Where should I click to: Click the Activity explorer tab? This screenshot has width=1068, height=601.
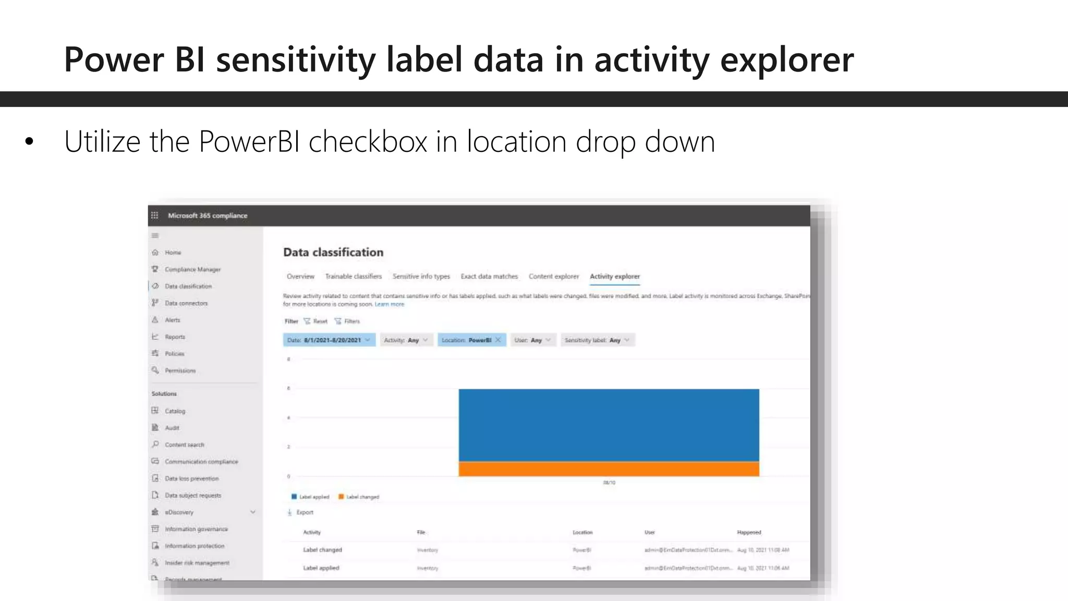(x=614, y=277)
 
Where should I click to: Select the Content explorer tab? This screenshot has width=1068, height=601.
(x=553, y=277)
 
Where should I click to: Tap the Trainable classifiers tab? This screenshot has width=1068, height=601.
(x=353, y=277)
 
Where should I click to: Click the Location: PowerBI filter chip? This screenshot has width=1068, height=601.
(x=466, y=340)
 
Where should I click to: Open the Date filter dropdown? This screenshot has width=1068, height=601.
(x=329, y=340)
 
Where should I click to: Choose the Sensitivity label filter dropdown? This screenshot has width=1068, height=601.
(x=597, y=340)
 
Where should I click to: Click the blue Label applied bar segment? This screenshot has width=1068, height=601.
(x=609, y=425)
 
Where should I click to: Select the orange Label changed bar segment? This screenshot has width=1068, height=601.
(x=609, y=468)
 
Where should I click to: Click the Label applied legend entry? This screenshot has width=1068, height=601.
(x=310, y=497)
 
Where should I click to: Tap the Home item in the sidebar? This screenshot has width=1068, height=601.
(x=173, y=253)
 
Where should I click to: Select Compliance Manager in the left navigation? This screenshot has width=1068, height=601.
(x=192, y=270)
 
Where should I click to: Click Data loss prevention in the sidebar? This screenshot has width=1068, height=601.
(x=191, y=478)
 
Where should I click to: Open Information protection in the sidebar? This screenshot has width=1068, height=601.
(x=194, y=546)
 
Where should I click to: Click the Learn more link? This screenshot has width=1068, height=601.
(x=389, y=304)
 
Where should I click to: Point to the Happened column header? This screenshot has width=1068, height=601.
(x=749, y=532)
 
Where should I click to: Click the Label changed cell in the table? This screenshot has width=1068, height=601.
(x=322, y=550)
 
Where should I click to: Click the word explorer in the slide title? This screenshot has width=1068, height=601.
(x=786, y=59)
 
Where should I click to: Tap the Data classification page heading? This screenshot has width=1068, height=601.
(x=333, y=253)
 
